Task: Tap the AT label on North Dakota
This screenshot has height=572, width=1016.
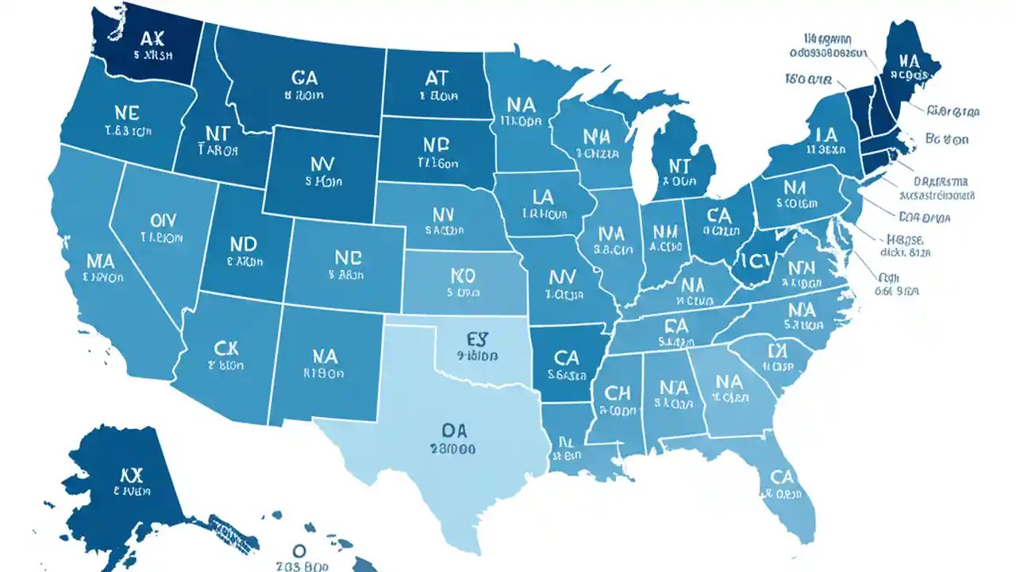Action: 437,77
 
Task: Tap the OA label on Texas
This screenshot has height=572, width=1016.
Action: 453,430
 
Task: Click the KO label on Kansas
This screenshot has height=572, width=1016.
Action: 462,276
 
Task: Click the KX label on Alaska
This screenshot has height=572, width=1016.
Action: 133,475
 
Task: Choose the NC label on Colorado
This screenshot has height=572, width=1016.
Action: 347,257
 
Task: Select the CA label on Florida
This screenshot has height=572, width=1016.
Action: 783,477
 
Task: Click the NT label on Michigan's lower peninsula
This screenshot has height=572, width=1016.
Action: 680,164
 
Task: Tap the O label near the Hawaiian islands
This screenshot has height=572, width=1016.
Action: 299,550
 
